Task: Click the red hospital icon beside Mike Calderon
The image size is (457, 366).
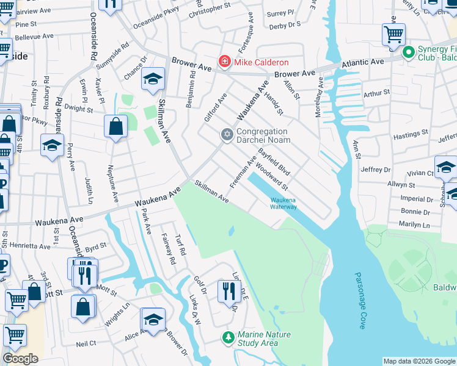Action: (x=225, y=62)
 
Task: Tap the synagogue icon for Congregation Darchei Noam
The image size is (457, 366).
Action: (x=227, y=134)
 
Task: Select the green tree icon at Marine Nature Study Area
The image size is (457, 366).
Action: (x=228, y=337)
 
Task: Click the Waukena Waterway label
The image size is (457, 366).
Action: (x=283, y=203)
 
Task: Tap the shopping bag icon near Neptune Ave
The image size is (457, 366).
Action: (x=115, y=127)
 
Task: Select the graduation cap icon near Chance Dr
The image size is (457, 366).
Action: (x=153, y=79)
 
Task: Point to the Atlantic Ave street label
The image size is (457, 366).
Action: (x=363, y=62)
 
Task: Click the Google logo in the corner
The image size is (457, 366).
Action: (x=20, y=359)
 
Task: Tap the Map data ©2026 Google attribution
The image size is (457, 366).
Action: (x=419, y=361)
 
